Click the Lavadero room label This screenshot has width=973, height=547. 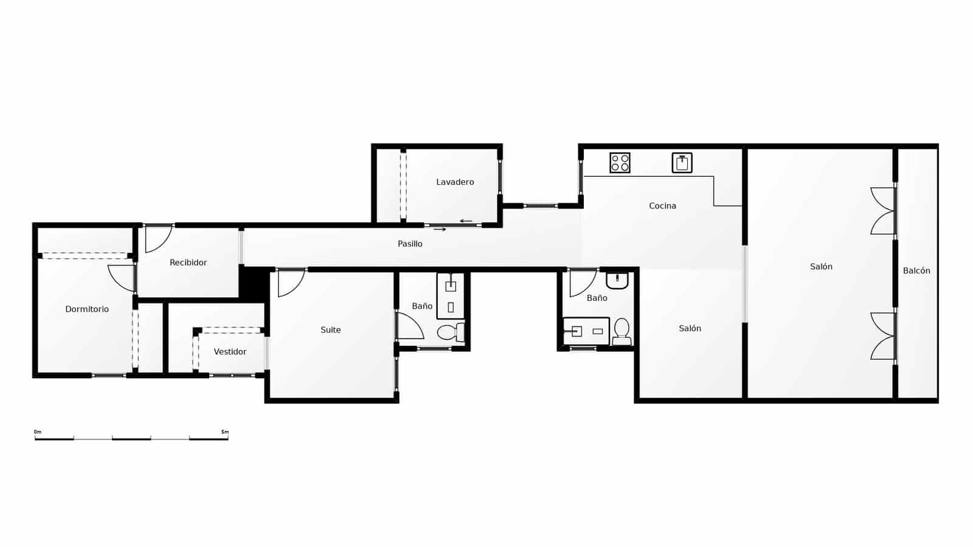455,182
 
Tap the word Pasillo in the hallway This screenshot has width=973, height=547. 410,244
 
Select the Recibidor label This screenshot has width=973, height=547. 188,263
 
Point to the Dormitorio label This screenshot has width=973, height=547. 87,309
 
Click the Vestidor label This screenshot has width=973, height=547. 230,352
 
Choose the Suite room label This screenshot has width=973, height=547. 331,330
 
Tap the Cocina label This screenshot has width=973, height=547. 662,206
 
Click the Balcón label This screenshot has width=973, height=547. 916,271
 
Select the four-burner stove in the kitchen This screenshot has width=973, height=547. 620,163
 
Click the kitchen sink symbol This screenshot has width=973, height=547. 682,163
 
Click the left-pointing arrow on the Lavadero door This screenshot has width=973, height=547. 466,221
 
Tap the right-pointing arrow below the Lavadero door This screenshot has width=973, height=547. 440,230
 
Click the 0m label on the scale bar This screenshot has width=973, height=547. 38,432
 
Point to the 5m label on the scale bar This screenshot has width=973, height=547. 225,432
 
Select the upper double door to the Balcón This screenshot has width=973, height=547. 883,211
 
